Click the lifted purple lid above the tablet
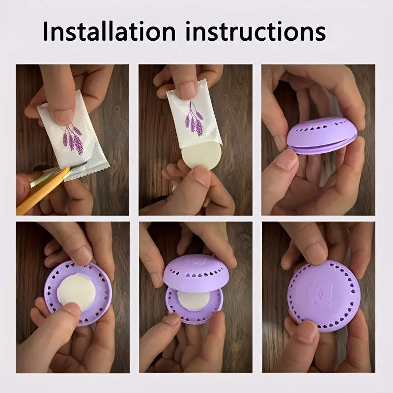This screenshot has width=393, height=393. (196, 273)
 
